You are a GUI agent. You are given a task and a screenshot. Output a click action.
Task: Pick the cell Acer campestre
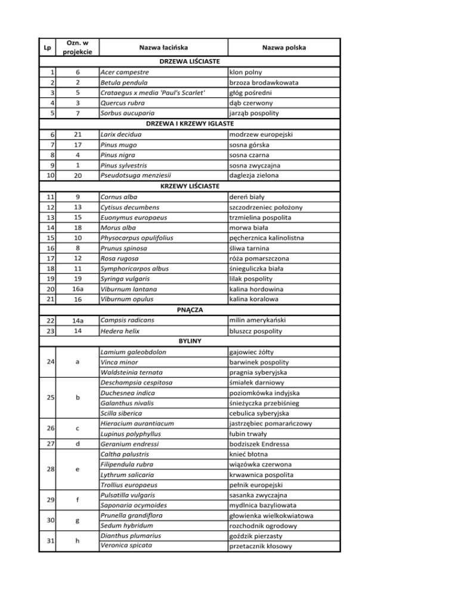pyautogui.click(x=125, y=72)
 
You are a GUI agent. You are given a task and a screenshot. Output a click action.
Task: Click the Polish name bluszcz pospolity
pyautogui.click(x=259, y=331)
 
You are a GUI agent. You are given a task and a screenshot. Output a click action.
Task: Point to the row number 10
pyautogui.click(x=47, y=175)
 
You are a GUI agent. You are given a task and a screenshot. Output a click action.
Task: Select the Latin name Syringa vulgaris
pyautogui.click(x=125, y=279)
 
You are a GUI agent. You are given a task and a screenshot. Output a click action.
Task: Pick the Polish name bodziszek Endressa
pyautogui.click(x=263, y=444)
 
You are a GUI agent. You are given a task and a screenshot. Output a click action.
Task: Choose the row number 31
pyautogui.click(x=47, y=540)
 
